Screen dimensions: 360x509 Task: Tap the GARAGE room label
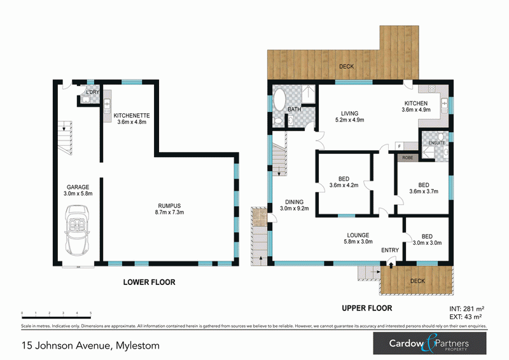click(x=78, y=187)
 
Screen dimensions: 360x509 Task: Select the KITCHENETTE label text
click(x=132, y=116)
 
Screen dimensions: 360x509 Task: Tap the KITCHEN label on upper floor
click(x=417, y=103)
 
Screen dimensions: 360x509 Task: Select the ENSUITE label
click(x=436, y=143)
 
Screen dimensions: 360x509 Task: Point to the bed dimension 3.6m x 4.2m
click(x=344, y=186)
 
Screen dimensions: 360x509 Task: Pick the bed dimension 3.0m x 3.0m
click(x=427, y=242)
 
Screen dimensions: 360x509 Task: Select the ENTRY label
click(x=390, y=250)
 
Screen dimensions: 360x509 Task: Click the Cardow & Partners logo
click(x=429, y=345)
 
